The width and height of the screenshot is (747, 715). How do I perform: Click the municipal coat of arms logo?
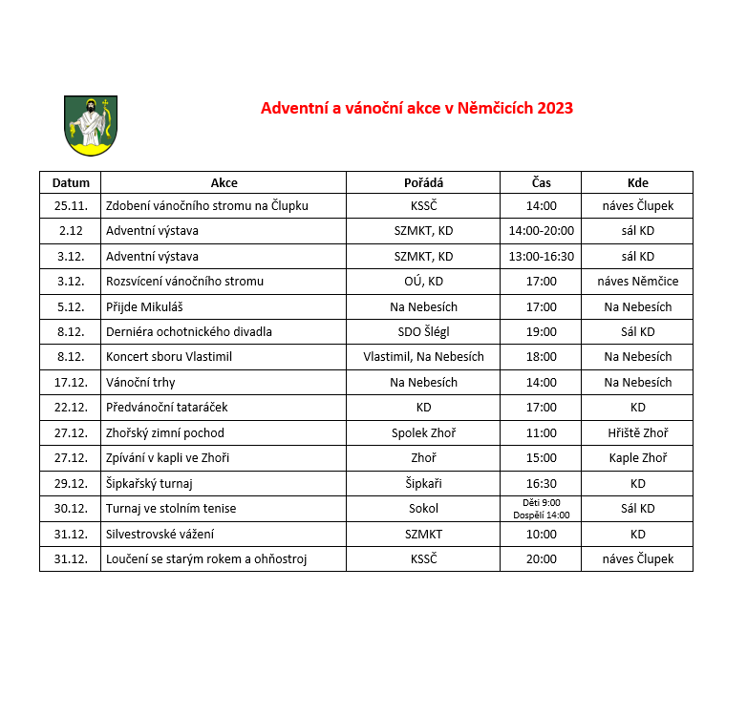tap(91, 124)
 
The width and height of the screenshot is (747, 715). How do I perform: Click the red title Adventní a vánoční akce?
tap(416, 108)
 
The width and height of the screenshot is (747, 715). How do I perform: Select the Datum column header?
tap(71, 182)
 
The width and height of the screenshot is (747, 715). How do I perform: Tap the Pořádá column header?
tap(423, 182)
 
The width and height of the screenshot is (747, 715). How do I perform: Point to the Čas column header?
tap(541, 182)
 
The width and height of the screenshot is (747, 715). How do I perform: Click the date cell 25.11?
tap(71, 205)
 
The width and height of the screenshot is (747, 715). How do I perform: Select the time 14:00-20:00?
tap(541, 231)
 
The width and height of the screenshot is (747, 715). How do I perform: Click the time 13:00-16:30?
tap(541, 256)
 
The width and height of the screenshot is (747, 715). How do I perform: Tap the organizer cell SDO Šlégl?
tap(423, 332)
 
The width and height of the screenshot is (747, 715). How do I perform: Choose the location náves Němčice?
tap(637, 282)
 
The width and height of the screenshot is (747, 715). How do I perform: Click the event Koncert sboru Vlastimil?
tap(169, 357)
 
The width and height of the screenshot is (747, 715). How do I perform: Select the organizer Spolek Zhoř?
tap(423, 432)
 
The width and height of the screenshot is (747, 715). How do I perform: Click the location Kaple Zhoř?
tap(637, 458)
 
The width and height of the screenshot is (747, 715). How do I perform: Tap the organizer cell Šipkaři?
tap(423, 483)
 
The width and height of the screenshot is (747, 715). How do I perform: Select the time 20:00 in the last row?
tap(541, 558)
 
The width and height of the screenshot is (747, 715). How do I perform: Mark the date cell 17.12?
tap(71, 382)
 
